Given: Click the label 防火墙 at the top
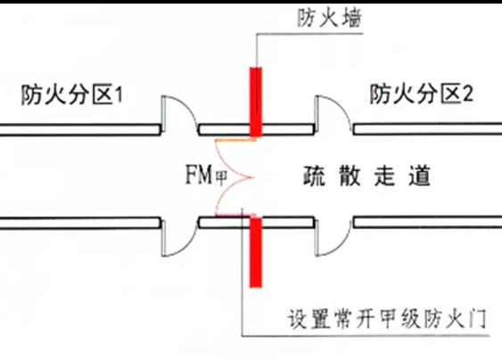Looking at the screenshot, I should (306, 17).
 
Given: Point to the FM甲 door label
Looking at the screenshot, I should (202, 176).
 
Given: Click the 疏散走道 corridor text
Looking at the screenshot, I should (365, 176).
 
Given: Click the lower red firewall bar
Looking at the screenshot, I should (257, 253).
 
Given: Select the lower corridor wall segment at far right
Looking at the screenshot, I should (428, 222).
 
